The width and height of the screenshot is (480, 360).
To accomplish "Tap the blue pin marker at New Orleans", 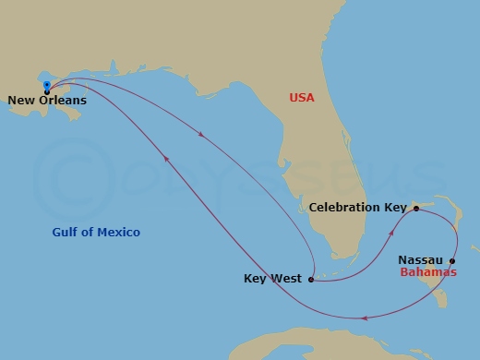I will click(46, 86).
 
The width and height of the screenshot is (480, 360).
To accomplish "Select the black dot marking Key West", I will click(311, 279).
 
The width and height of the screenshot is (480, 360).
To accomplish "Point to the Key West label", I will click(272, 279).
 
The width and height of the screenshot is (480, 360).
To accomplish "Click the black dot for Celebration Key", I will click(416, 209).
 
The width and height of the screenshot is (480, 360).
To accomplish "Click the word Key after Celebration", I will click(395, 208).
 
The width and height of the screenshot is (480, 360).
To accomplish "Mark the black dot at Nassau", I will click(451, 261).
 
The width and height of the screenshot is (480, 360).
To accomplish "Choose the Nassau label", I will click(420, 261).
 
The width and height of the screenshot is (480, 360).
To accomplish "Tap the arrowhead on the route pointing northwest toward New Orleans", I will click(166, 159).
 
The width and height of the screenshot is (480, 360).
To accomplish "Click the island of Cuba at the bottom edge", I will click(305, 346).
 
